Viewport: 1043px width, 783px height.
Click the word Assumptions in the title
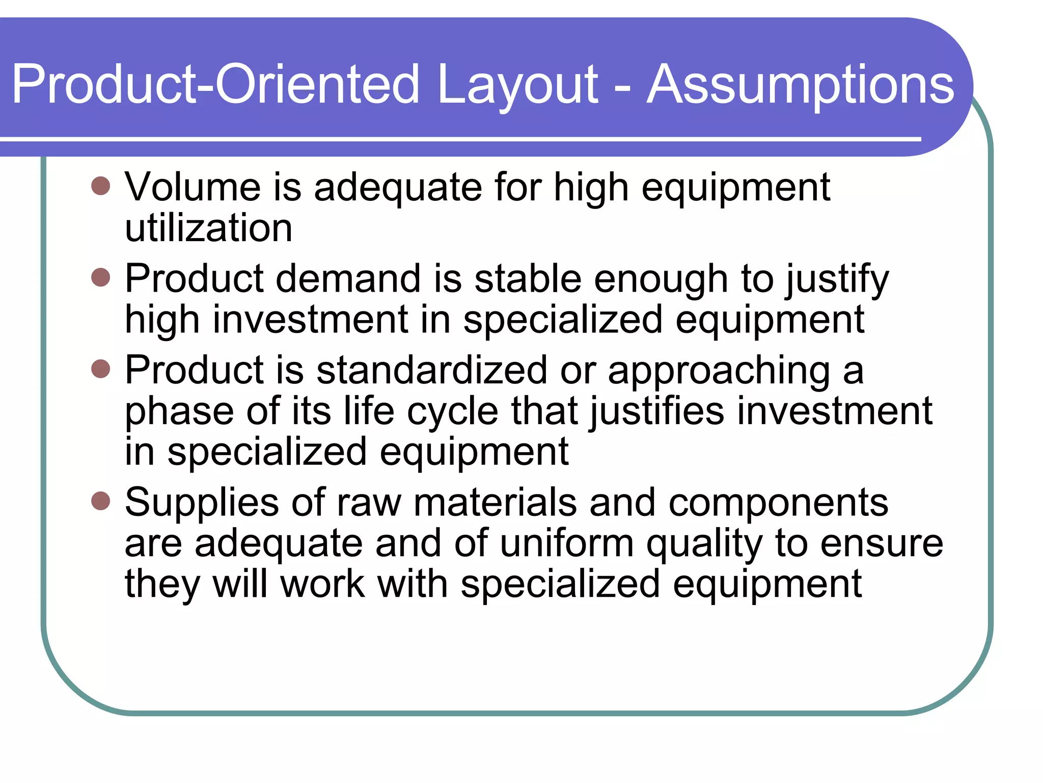click(800, 86)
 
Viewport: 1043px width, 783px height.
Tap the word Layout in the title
click(517, 86)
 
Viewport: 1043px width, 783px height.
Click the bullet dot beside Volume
click(101, 186)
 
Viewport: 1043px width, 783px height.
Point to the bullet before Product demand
click(101, 278)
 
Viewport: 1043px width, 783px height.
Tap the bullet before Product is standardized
click(101, 369)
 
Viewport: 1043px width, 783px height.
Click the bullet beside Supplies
click(101, 501)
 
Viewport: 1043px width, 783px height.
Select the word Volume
click(193, 187)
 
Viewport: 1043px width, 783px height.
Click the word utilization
click(209, 228)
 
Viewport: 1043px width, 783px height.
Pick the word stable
click(528, 279)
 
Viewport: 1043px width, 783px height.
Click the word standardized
click(431, 370)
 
